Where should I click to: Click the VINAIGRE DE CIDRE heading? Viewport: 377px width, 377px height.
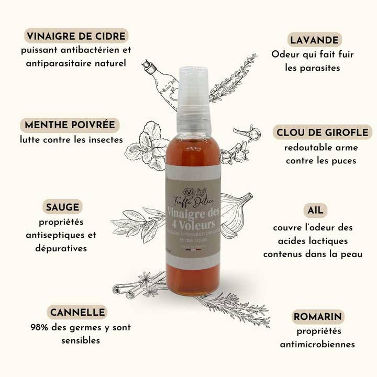(x=76, y=36)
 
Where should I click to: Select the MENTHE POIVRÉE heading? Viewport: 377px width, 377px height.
(x=70, y=125)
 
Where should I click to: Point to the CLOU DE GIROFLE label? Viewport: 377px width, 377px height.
(x=322, y=132)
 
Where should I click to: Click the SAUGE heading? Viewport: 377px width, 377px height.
(x=62, y=206)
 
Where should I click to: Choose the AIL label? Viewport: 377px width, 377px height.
(x=315, y=210)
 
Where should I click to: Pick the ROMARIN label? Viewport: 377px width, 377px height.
(x=318, y=316)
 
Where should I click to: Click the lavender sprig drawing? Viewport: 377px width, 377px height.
(x=233, y=79)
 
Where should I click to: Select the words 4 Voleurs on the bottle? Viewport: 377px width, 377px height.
(x=193, y=224)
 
